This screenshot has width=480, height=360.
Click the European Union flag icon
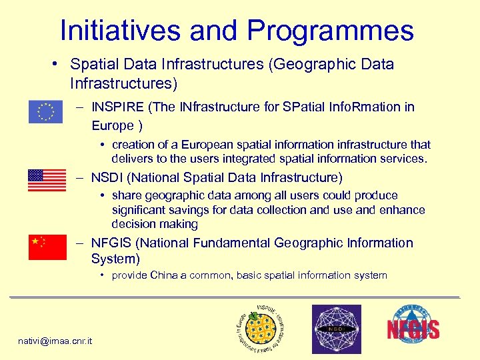coord(45,112)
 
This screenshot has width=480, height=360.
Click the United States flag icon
coord(47,180)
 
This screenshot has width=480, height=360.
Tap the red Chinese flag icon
coord(47,247)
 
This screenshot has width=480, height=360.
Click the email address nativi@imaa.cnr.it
coord(55,341)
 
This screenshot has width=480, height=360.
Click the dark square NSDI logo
coord(337,329)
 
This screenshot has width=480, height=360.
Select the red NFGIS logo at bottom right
coord(413,327)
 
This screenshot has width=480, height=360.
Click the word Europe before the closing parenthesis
coord(113,125)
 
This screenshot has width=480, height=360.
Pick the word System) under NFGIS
coord(115,259)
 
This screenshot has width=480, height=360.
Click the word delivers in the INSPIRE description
coord(133,159)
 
